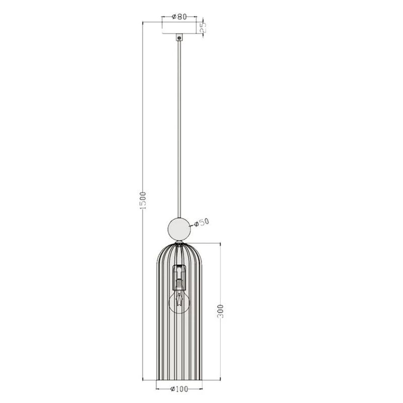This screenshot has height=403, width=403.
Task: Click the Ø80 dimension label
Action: [x=179, y=16]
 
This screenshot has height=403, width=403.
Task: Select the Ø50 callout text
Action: [x=201, y=222]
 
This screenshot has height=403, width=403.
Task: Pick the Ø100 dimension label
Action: [x=179, y=389]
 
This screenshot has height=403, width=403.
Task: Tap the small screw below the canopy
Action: [x=179, y=38]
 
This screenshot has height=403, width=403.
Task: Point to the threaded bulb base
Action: [x=179, y=285]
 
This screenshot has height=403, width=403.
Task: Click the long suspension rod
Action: [x=179, y=126]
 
